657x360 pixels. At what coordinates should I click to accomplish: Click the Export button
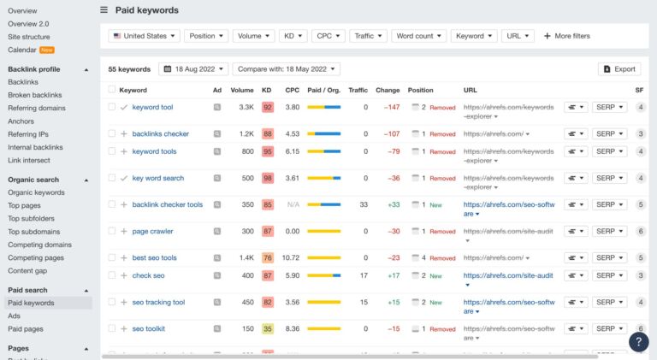pyautogui.click(x=619, y=68)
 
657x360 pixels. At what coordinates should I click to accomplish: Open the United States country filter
pyautogui.click(x=144, y=36)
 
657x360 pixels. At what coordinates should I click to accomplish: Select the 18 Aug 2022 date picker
pyautogui.click(x=194, y=68)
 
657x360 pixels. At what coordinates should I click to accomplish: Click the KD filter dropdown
pyautogui.click(x=293, y=36)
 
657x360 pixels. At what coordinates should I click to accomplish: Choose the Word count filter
pyautogui.click(x=419, y=36)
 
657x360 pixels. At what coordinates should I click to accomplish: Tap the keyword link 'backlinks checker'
pyautogui.click(x=160, y=134)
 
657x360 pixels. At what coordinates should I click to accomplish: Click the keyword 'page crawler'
pyautogui.click(x=152, y=232)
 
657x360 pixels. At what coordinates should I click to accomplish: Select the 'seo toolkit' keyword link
pyautogui.click(x=149, y=329)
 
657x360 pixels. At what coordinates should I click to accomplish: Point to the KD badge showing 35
pyautogui.click(x=268, y=329)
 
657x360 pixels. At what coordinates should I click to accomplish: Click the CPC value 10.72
pyautogui.click(x=291, y=258)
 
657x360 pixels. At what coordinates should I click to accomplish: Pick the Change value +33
pyautogui.click(x=394, y=205)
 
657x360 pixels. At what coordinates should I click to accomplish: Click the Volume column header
pyautogui.click(x=242, y=90)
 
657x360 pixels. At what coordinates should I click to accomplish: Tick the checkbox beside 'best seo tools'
pyautogui.click(x=112, y=258)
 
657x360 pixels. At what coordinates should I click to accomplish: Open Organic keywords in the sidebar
pyautogui.click(x=36, y=192)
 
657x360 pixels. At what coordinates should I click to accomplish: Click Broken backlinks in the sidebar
pyautogui.click(x=35, y=95)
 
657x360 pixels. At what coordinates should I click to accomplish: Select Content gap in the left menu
pyautogui.click(x=27, y=270)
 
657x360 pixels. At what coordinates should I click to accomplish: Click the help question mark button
pyautogui.click(x=638, y=341)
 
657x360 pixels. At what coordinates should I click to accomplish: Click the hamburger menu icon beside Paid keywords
pyautogui.click(x=104, y=10)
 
